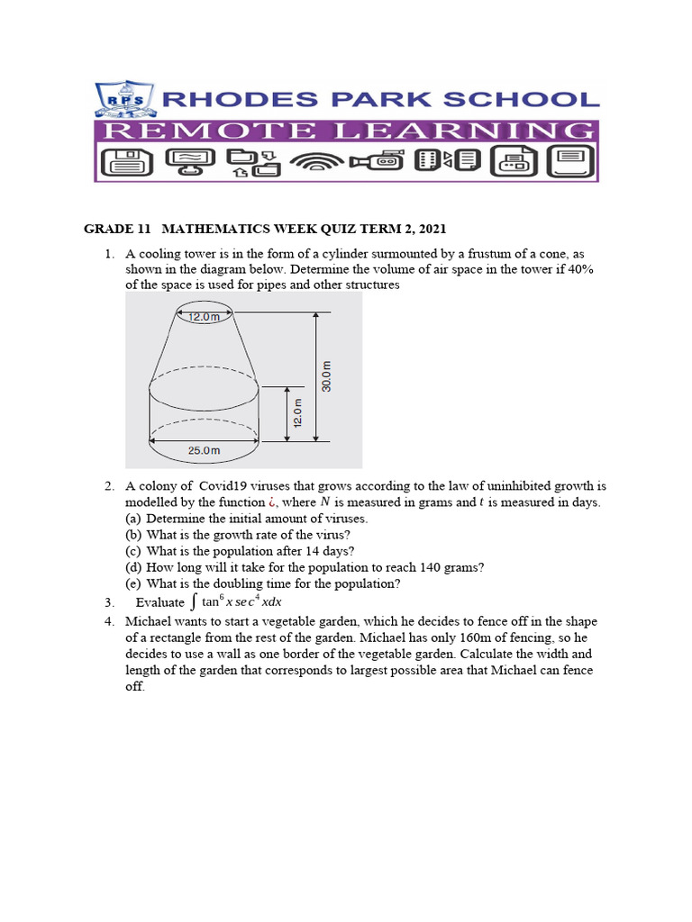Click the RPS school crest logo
click(125, 101)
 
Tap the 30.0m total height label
click(326, 376)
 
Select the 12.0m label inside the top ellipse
click(205, 316)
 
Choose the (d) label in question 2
click(134, 567)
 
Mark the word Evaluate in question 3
click(159, 602)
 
